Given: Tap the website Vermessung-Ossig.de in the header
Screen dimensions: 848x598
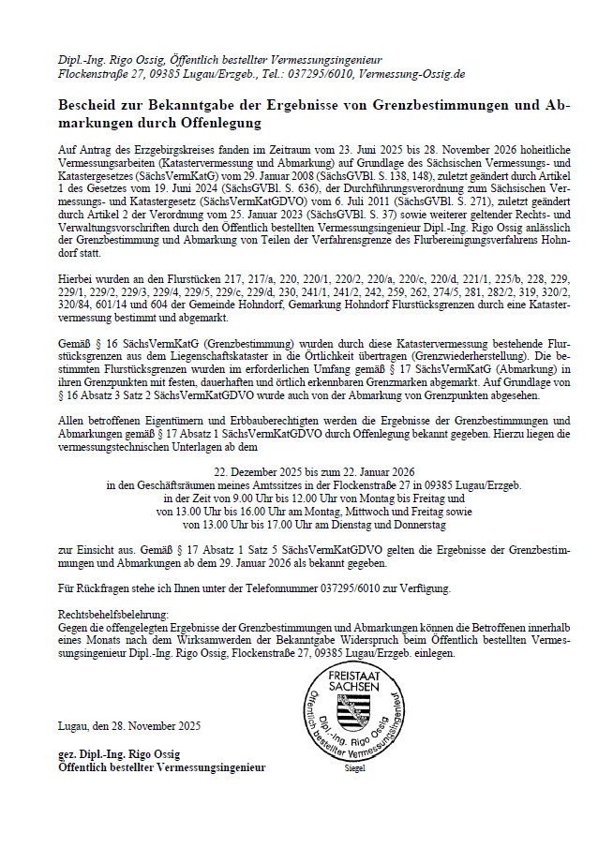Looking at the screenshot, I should pos(411,73).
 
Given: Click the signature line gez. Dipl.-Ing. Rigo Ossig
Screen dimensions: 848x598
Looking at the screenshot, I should pos(119,754).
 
